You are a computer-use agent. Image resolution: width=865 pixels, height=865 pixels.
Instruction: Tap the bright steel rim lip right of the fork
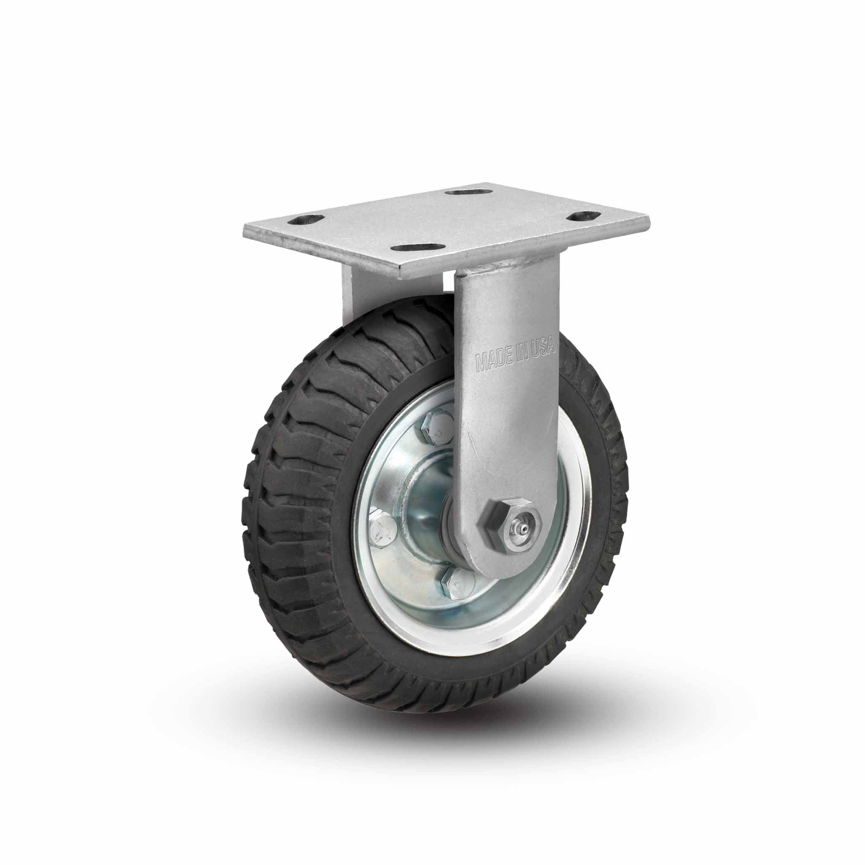point(582,515)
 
